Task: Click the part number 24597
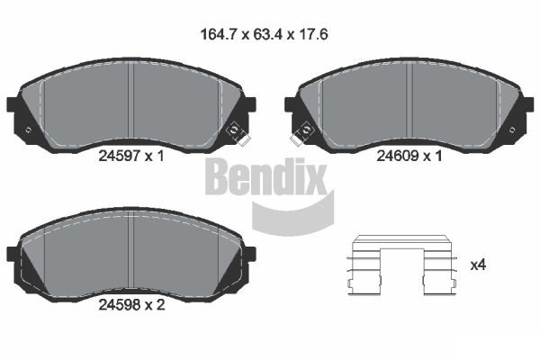[119, 156]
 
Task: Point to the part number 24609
[398, 156]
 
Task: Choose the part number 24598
[119, 304]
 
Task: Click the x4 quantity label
[478, 265]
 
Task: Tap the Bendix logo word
[265, 176]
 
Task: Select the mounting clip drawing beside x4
[401, 265]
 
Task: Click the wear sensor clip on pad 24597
[238, 133]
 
